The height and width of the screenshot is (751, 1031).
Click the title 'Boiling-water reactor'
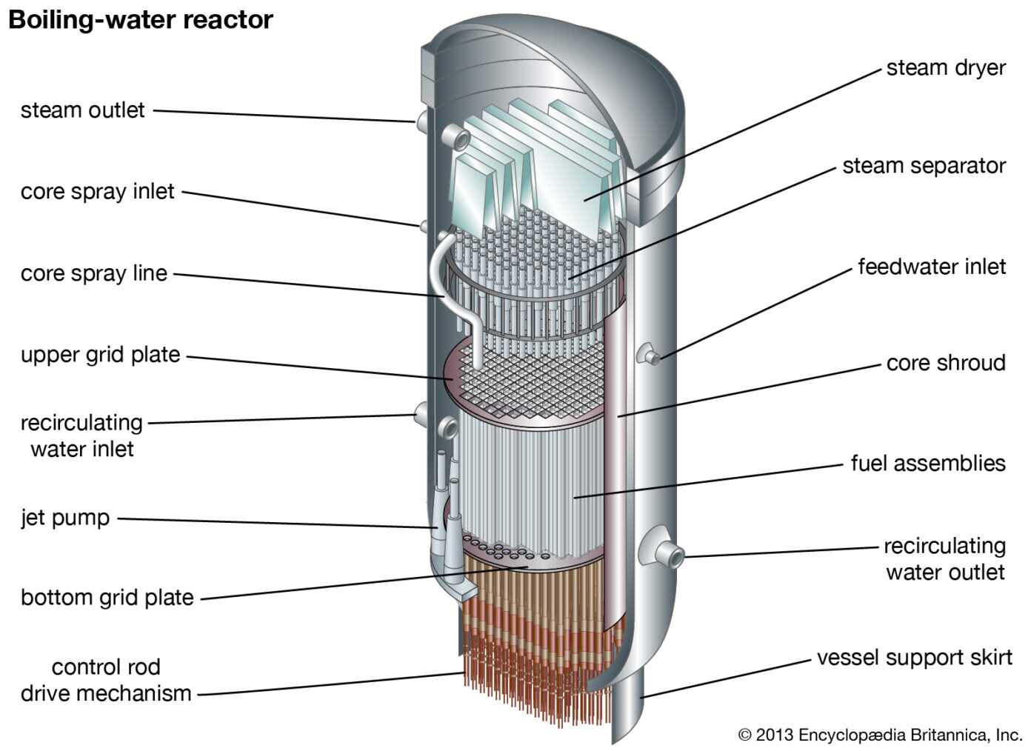pyautogui.click(x=140, y=20)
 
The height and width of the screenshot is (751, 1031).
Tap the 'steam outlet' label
pyautogui.click(x=82, y=110)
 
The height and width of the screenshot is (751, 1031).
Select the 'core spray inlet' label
pyautogui.click(x=97, y=192)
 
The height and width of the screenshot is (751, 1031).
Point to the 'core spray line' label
pyautogui.click(x=93, y=273)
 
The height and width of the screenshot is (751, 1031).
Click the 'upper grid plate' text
pyautogui.click(x=100, y=355)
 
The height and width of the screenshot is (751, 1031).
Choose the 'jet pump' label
pyautogui.click(x=65, y=518)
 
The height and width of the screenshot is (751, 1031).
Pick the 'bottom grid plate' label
pyautogui.click(x=107, y=598)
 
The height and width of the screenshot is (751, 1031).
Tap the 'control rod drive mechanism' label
pyautogui.click(x=105, y=680)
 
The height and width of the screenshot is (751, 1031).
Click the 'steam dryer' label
pyautogui.click(x=945, y=68)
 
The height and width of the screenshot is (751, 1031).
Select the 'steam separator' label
pyautogui.click(x=923, y=166)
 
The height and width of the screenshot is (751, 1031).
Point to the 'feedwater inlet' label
pyautogui.click(x=931, y=267)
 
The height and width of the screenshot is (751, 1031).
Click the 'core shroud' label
pyautogui.click(x=945, y=363)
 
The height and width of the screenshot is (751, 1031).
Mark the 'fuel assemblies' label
pyautogui.click(x=927, y=464)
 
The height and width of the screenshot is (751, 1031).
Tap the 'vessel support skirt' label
pyautogui.click(x=914, y=658)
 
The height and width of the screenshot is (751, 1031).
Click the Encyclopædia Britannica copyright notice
pyautogui.click(x=879, y=735)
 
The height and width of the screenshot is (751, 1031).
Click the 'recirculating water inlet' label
pyautogui.click(x=81, y=435)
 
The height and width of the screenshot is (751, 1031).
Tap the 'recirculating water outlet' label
pyautogui.click(x=944, y=559)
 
